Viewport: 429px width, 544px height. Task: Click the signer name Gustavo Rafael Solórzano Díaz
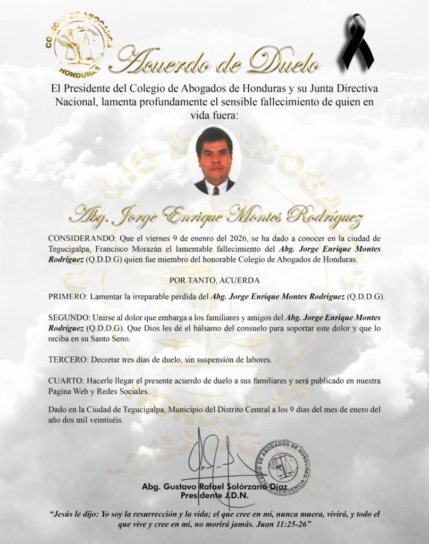click(x=215, y=487)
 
